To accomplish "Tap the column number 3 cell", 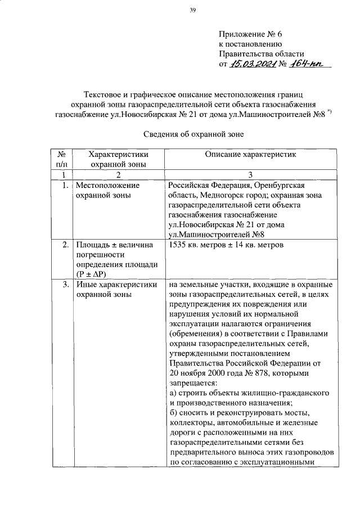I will click(251, 174).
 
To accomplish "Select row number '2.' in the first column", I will click(65, 245).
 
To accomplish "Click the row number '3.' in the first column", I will click(65, 285).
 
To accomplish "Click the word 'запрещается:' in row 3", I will click(192, 384).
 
